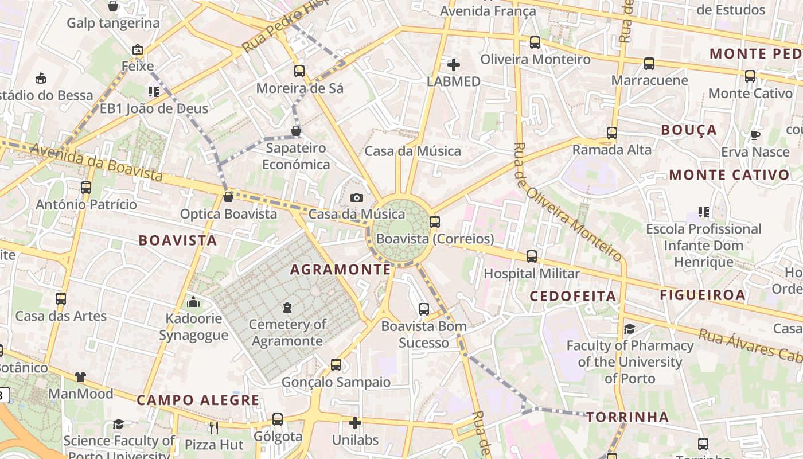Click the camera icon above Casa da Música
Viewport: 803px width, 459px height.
356,198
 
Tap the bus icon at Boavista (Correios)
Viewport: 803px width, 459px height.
434,221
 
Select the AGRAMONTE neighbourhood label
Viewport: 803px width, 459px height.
341,269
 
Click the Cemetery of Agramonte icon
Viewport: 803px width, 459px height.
287,308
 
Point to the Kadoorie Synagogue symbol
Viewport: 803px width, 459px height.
193,301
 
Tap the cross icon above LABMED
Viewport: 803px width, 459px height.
453,64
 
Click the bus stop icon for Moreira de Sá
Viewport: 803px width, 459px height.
299,71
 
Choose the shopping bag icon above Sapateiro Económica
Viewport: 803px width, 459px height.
296,131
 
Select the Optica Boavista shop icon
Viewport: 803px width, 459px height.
228,197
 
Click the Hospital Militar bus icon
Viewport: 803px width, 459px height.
532,256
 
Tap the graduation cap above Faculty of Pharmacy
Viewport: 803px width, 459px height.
629,329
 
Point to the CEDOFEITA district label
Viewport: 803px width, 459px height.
572,296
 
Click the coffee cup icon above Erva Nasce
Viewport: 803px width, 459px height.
755,135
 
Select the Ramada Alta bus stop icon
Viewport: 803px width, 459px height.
612,133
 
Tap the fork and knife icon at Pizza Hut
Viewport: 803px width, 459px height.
214,427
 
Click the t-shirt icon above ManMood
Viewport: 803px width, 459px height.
80,377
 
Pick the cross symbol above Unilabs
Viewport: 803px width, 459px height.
355,423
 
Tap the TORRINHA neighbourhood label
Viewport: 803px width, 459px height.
627,417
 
